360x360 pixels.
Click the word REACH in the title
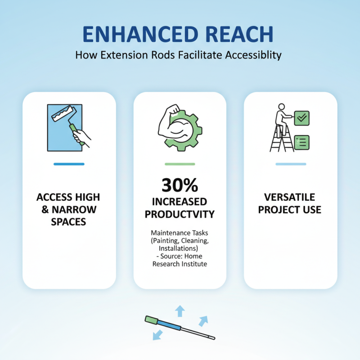[237, 35]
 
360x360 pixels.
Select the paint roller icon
[67, 126]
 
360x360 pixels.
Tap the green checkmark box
[301, 118]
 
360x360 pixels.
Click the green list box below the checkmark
[301, 142]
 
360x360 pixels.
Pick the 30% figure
[180, 185]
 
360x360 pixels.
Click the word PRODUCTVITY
[180, 214]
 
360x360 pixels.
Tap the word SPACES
[68, 222]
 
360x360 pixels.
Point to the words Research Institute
[180, 264]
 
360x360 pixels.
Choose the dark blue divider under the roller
[69, 164]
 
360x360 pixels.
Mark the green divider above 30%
[180, 164]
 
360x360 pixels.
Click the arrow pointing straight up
[180, 310]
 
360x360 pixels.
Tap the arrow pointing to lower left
[158, 334]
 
